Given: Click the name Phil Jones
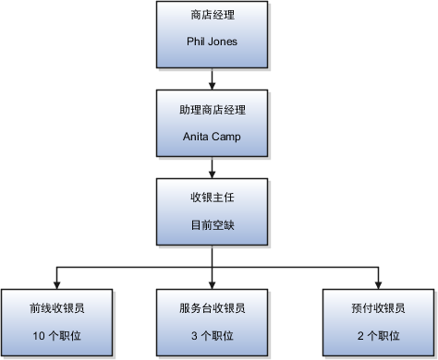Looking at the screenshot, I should (x=213, y=42).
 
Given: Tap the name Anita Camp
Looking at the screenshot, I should (x=213, y=136).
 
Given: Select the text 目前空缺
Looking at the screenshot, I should (x=213, y=225).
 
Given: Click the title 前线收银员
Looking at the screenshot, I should (x=58, y=308).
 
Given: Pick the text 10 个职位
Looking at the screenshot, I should (x=58, y=334).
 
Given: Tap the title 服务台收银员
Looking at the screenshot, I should (x=213, y=308).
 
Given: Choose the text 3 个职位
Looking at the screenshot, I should (x=213, y=334).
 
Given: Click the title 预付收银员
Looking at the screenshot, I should (x=379, y=308).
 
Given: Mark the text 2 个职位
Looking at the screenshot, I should (x=379, y=334).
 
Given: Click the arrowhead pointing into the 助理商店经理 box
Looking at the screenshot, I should (x=213, y=85).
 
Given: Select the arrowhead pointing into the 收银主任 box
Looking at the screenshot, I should (x=213, y=174).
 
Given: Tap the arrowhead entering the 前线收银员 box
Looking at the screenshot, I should (x=58, y=283).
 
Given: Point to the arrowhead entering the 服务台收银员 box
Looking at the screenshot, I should (x=213, y=283).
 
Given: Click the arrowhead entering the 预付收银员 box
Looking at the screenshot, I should (x=379, y=283).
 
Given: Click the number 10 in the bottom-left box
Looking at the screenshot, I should (x=38, y=334).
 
